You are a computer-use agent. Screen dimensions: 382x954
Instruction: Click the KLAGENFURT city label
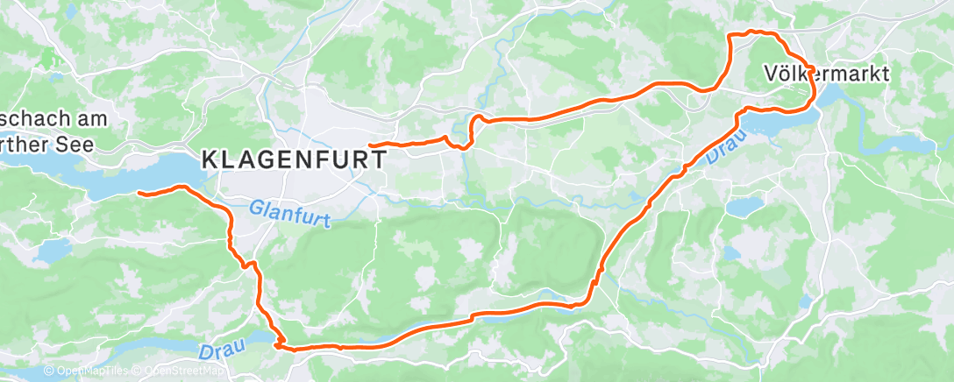point(295,159)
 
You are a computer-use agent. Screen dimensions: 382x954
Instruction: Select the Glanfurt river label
point(290,215)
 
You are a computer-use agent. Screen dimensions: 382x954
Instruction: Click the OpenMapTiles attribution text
point(86,371)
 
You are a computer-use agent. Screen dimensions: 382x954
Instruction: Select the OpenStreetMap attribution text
point(180,371)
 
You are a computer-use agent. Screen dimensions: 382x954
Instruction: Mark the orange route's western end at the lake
point(139,192)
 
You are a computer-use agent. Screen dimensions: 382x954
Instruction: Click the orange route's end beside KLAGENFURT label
point(371,145)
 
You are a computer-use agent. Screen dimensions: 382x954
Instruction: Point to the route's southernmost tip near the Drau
point(278,347)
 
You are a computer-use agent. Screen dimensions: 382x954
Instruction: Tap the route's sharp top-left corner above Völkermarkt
point(731,34)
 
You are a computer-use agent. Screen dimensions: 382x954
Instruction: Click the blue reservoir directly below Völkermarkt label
point(780,124)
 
